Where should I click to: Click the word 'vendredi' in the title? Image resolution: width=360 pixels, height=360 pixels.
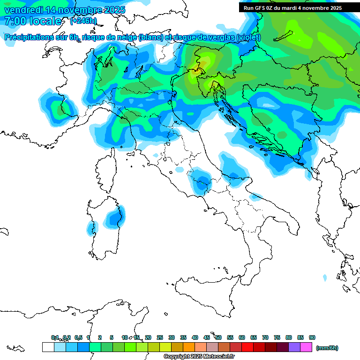(22, 10)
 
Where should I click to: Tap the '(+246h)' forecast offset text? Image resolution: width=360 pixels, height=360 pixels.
(83, 21)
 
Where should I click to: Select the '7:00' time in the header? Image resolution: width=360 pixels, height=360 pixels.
(15, 21)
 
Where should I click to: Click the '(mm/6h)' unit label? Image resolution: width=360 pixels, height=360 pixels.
(327, 348)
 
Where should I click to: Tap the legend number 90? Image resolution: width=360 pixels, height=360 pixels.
(312, 337)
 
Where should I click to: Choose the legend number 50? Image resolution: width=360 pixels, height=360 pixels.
(218, 337)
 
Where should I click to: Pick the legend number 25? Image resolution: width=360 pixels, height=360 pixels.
(160, 337)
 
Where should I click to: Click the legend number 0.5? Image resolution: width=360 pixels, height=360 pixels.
(78, 337)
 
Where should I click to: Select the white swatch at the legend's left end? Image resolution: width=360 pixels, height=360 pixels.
(48, 347)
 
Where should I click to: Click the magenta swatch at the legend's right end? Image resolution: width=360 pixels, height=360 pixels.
(306, 347)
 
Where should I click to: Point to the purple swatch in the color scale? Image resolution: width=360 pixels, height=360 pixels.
(294, 347)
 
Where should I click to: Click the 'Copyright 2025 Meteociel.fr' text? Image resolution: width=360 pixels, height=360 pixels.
(199, 357)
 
